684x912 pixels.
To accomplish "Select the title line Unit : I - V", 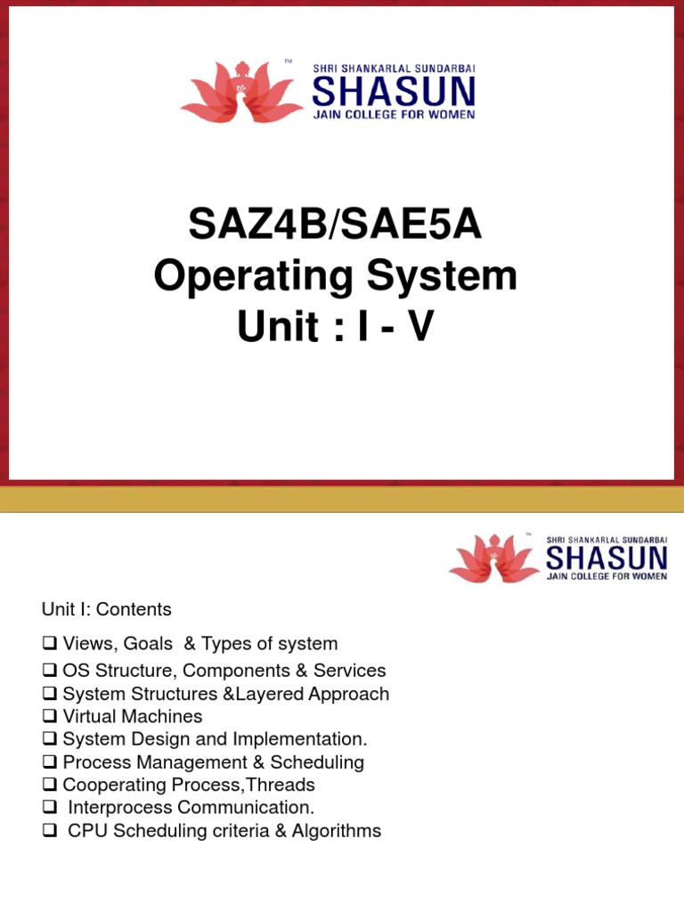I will click(x=335, y=328).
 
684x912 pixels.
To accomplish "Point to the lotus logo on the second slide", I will click(x=494, y=558).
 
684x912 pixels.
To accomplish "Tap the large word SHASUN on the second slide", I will click(x=606, y=559).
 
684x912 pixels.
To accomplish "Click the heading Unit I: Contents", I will click(x=106, y=610).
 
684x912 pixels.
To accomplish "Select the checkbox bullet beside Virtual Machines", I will click(x=50, y=717).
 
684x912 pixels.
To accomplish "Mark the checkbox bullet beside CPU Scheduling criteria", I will click(x=50, y=832).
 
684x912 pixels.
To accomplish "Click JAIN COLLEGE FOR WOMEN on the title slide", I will click(x=393, y=114).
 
